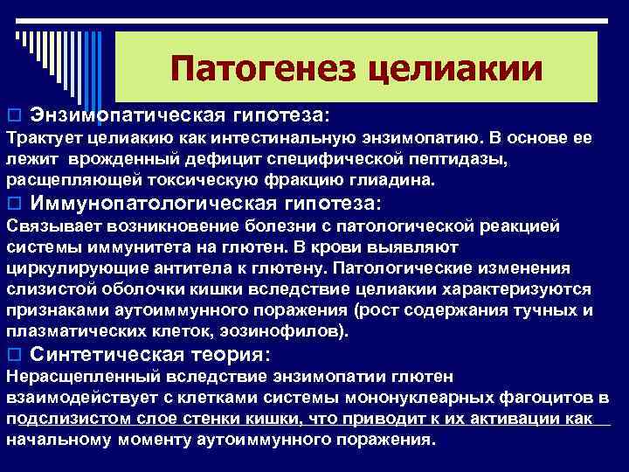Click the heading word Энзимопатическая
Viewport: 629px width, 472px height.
tap(128, 115)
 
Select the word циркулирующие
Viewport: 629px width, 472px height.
tap(68, 268)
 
